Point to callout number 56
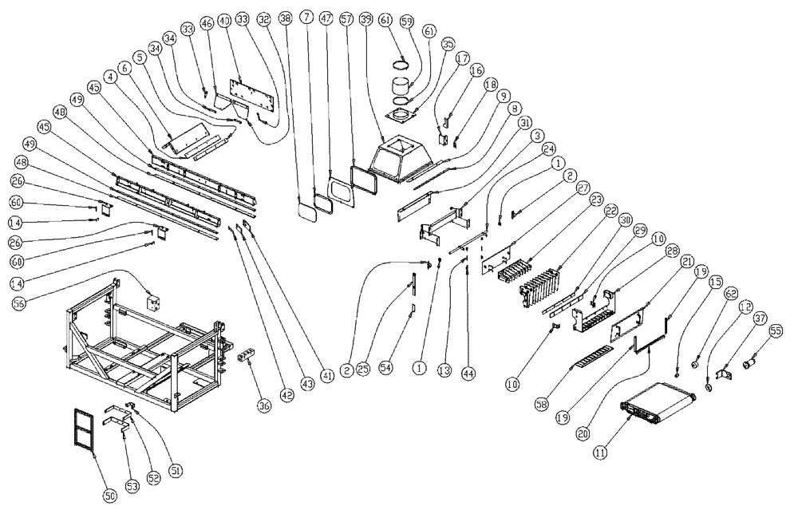(x=19, y=302)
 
